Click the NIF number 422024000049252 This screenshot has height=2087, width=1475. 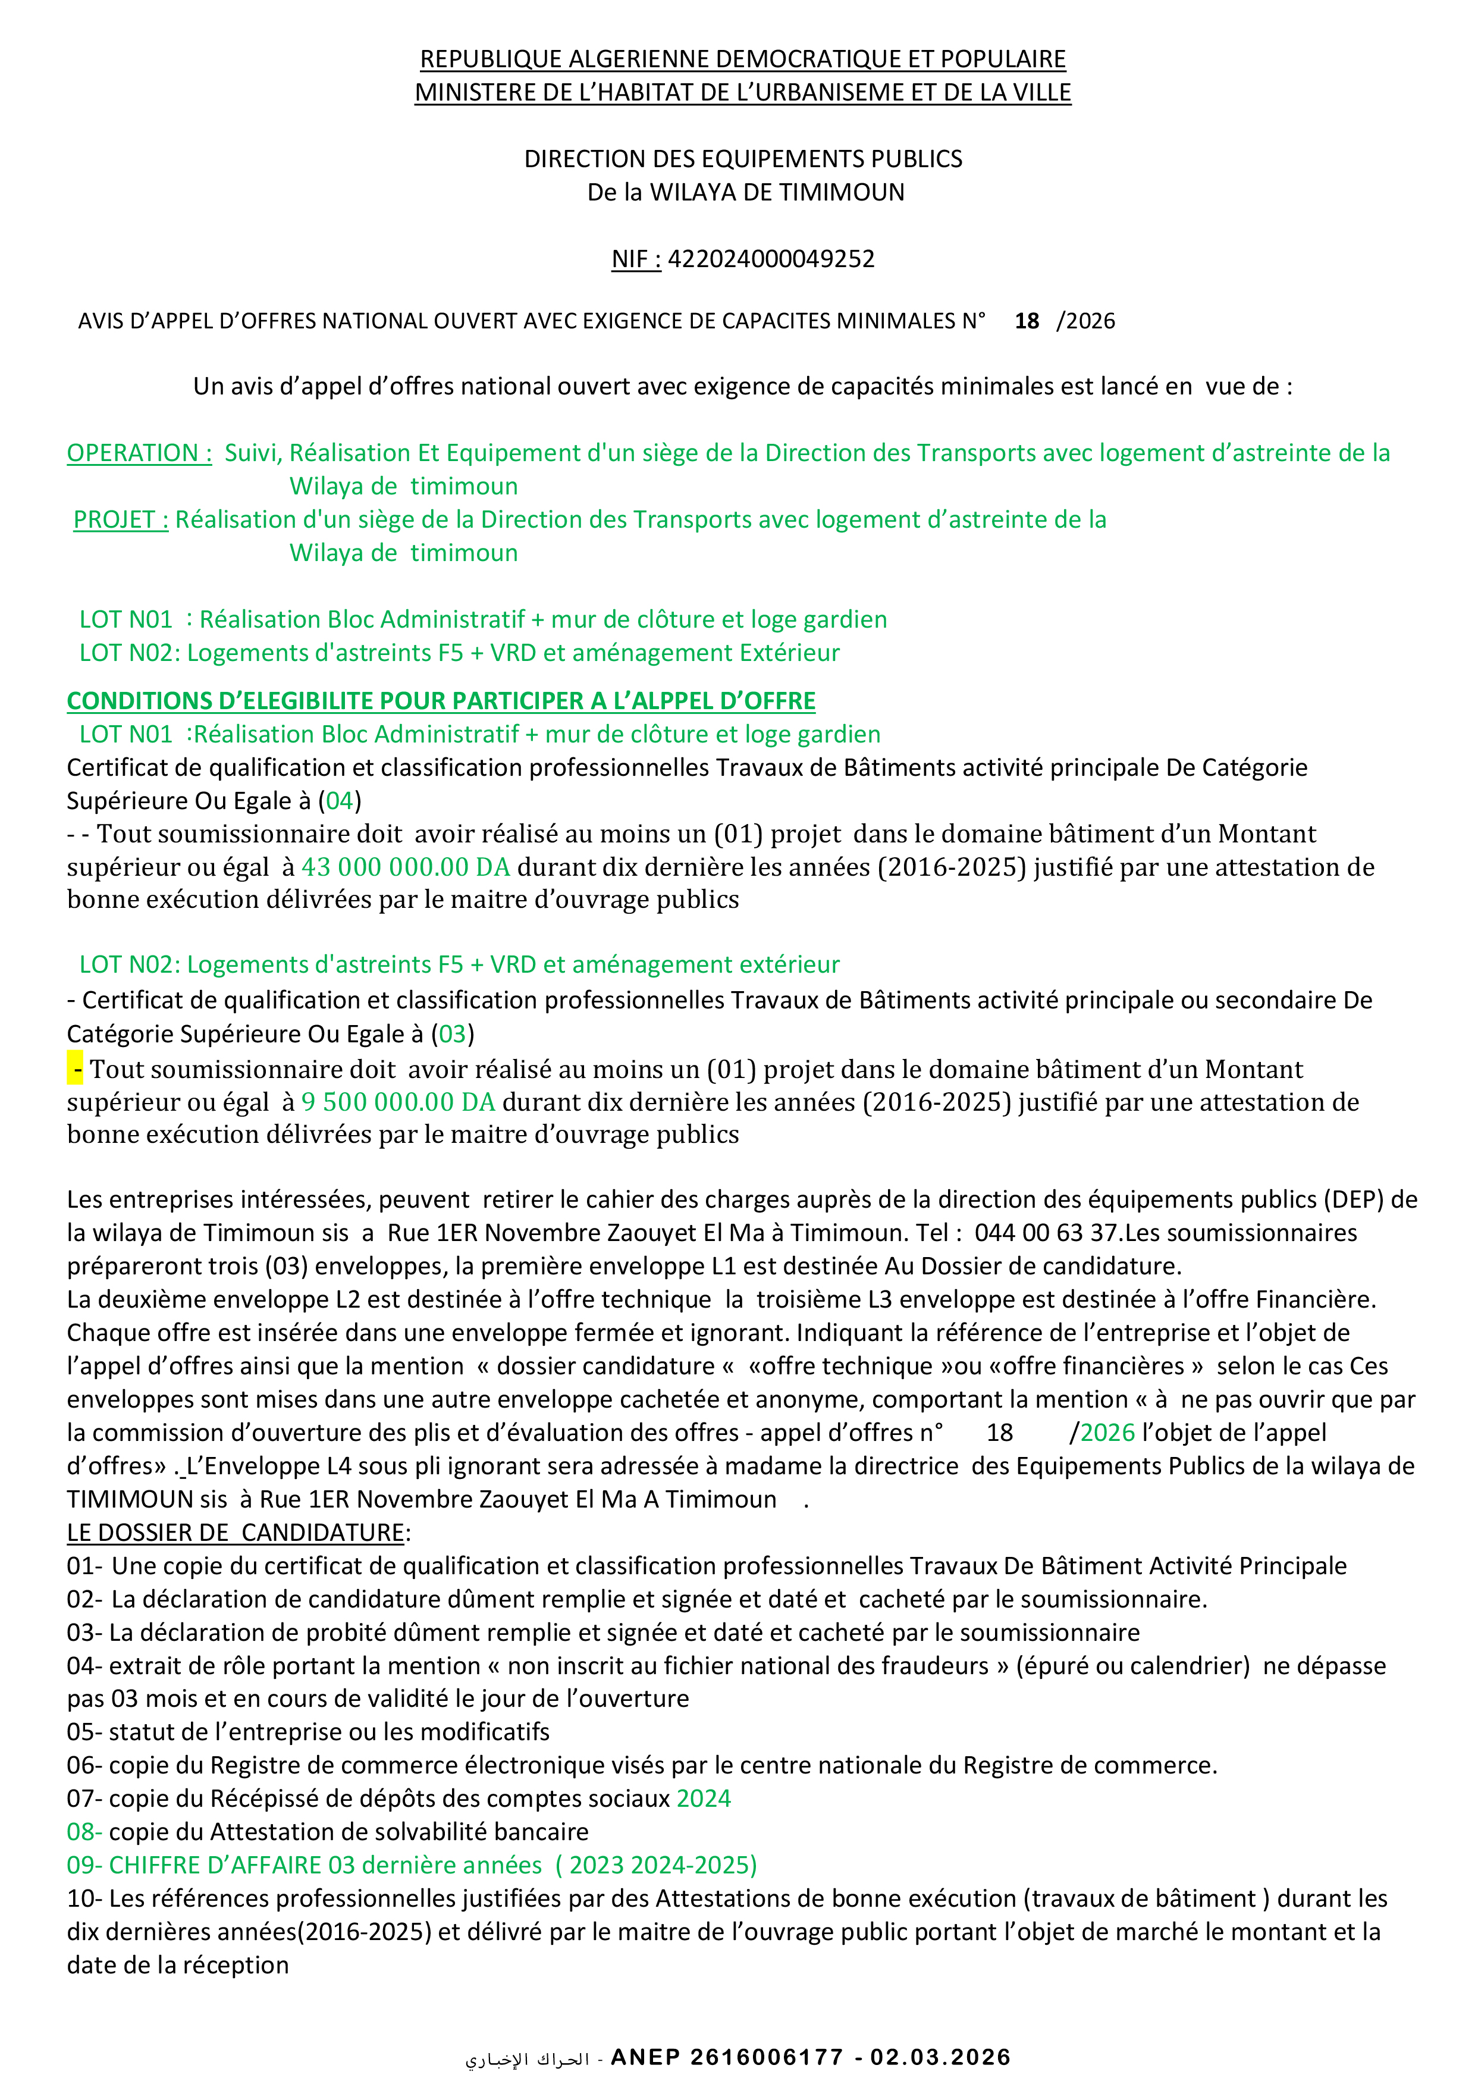coord(771,259)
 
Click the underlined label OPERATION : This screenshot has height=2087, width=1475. coord(139,453)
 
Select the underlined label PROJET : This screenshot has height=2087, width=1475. coord(121,519)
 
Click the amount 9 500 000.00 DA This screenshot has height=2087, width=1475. coord(398,1102)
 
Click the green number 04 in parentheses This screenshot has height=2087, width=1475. coord(340,801)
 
